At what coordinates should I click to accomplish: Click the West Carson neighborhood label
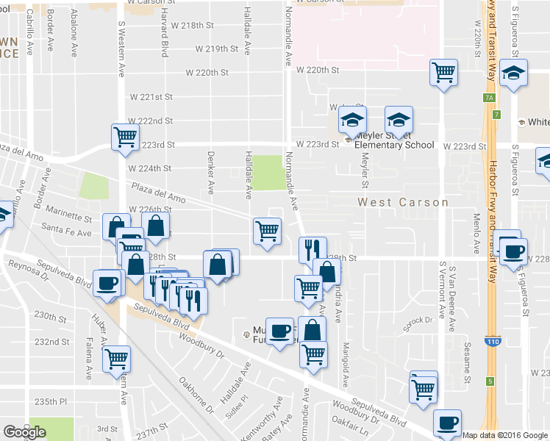403,202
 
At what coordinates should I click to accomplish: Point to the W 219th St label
217,49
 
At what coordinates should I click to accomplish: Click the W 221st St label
151,97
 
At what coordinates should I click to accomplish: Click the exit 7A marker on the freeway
488,97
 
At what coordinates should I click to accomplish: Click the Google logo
24,432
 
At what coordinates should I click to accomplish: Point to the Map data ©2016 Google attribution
504,435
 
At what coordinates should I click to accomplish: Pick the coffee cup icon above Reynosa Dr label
108,282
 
